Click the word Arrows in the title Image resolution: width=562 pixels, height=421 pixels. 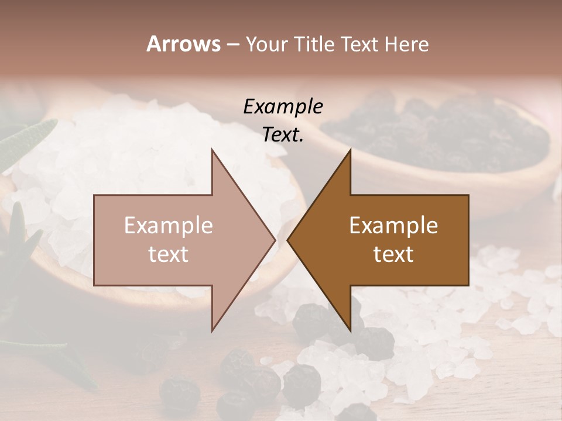pos(183,44)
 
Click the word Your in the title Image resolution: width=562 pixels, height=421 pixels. pos(267,44)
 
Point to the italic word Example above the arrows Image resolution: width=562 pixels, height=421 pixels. pos(283,106)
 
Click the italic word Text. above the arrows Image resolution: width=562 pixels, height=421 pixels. pos(283,134)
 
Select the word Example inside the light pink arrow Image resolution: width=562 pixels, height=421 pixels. pos(169,226)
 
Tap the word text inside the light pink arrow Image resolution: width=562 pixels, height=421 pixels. pos(169,254)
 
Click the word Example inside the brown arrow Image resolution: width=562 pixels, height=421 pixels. pos(393,226)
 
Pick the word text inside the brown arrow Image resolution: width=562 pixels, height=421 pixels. pos(393,254)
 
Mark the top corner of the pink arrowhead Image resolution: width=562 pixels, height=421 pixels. pos(212,150)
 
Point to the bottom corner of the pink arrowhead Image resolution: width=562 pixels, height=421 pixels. pos(212,330)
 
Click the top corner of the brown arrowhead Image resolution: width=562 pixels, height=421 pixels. pos(350,150)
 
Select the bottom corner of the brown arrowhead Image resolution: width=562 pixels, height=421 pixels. pos(350,330)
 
